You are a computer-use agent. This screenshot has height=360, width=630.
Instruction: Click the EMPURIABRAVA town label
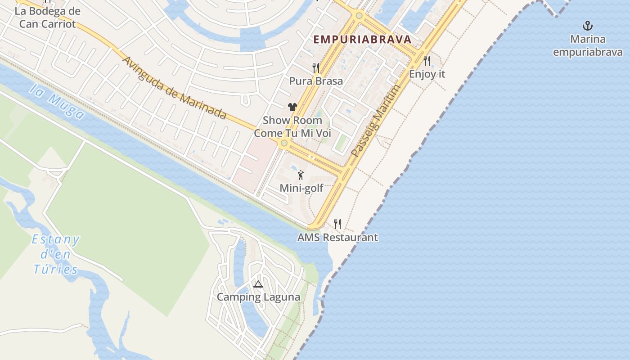coord(362,39)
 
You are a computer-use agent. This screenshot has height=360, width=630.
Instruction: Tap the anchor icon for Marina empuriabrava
coord(587,25)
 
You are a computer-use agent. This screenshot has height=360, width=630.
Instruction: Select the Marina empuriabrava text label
coord(588,45)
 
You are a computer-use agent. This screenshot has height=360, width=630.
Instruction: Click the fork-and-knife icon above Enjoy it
coord(427,60)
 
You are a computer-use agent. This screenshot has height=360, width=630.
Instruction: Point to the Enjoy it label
coord(427,74)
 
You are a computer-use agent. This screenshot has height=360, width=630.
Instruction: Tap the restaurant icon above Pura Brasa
coord(316,67)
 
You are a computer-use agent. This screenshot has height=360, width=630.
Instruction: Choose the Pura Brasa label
coord(316,81)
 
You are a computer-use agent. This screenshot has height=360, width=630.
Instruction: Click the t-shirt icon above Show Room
coord(292,107)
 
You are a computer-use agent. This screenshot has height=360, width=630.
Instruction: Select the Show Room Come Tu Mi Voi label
coord(292,127)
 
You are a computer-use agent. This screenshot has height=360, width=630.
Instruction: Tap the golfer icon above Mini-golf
coord(301,175)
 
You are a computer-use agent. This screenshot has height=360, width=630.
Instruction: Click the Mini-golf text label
coord(301,188)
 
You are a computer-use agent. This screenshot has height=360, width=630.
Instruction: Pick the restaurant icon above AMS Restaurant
coord(337,224)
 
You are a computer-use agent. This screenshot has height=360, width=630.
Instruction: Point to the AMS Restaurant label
coord(337,237)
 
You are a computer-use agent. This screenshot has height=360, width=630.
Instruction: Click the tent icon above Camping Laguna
coord(258,284)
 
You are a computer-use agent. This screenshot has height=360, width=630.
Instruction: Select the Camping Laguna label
coord(258,297)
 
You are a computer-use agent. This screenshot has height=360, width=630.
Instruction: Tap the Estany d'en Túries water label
coord(56,254)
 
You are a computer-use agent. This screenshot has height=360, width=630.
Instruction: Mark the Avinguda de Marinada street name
coord(174,88)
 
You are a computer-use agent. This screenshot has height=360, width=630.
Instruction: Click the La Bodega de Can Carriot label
coord(47,18)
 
